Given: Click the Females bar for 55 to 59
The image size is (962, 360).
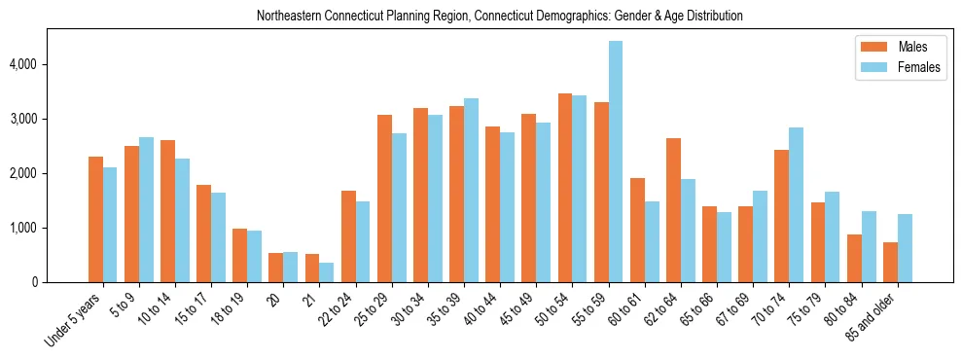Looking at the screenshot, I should [616, 162].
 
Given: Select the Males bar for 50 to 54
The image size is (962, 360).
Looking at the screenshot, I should [565, 188].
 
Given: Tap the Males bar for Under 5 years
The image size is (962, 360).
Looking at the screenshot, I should [95, 219].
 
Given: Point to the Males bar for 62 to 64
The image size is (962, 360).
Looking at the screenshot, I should [673, 210].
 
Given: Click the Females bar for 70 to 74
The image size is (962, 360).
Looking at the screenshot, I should [797, 204].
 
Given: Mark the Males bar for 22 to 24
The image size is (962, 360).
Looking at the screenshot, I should [348, 236].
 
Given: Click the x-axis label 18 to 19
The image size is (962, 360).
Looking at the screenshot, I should [230, 310].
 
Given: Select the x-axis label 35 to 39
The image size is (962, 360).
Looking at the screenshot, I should [445, 310].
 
